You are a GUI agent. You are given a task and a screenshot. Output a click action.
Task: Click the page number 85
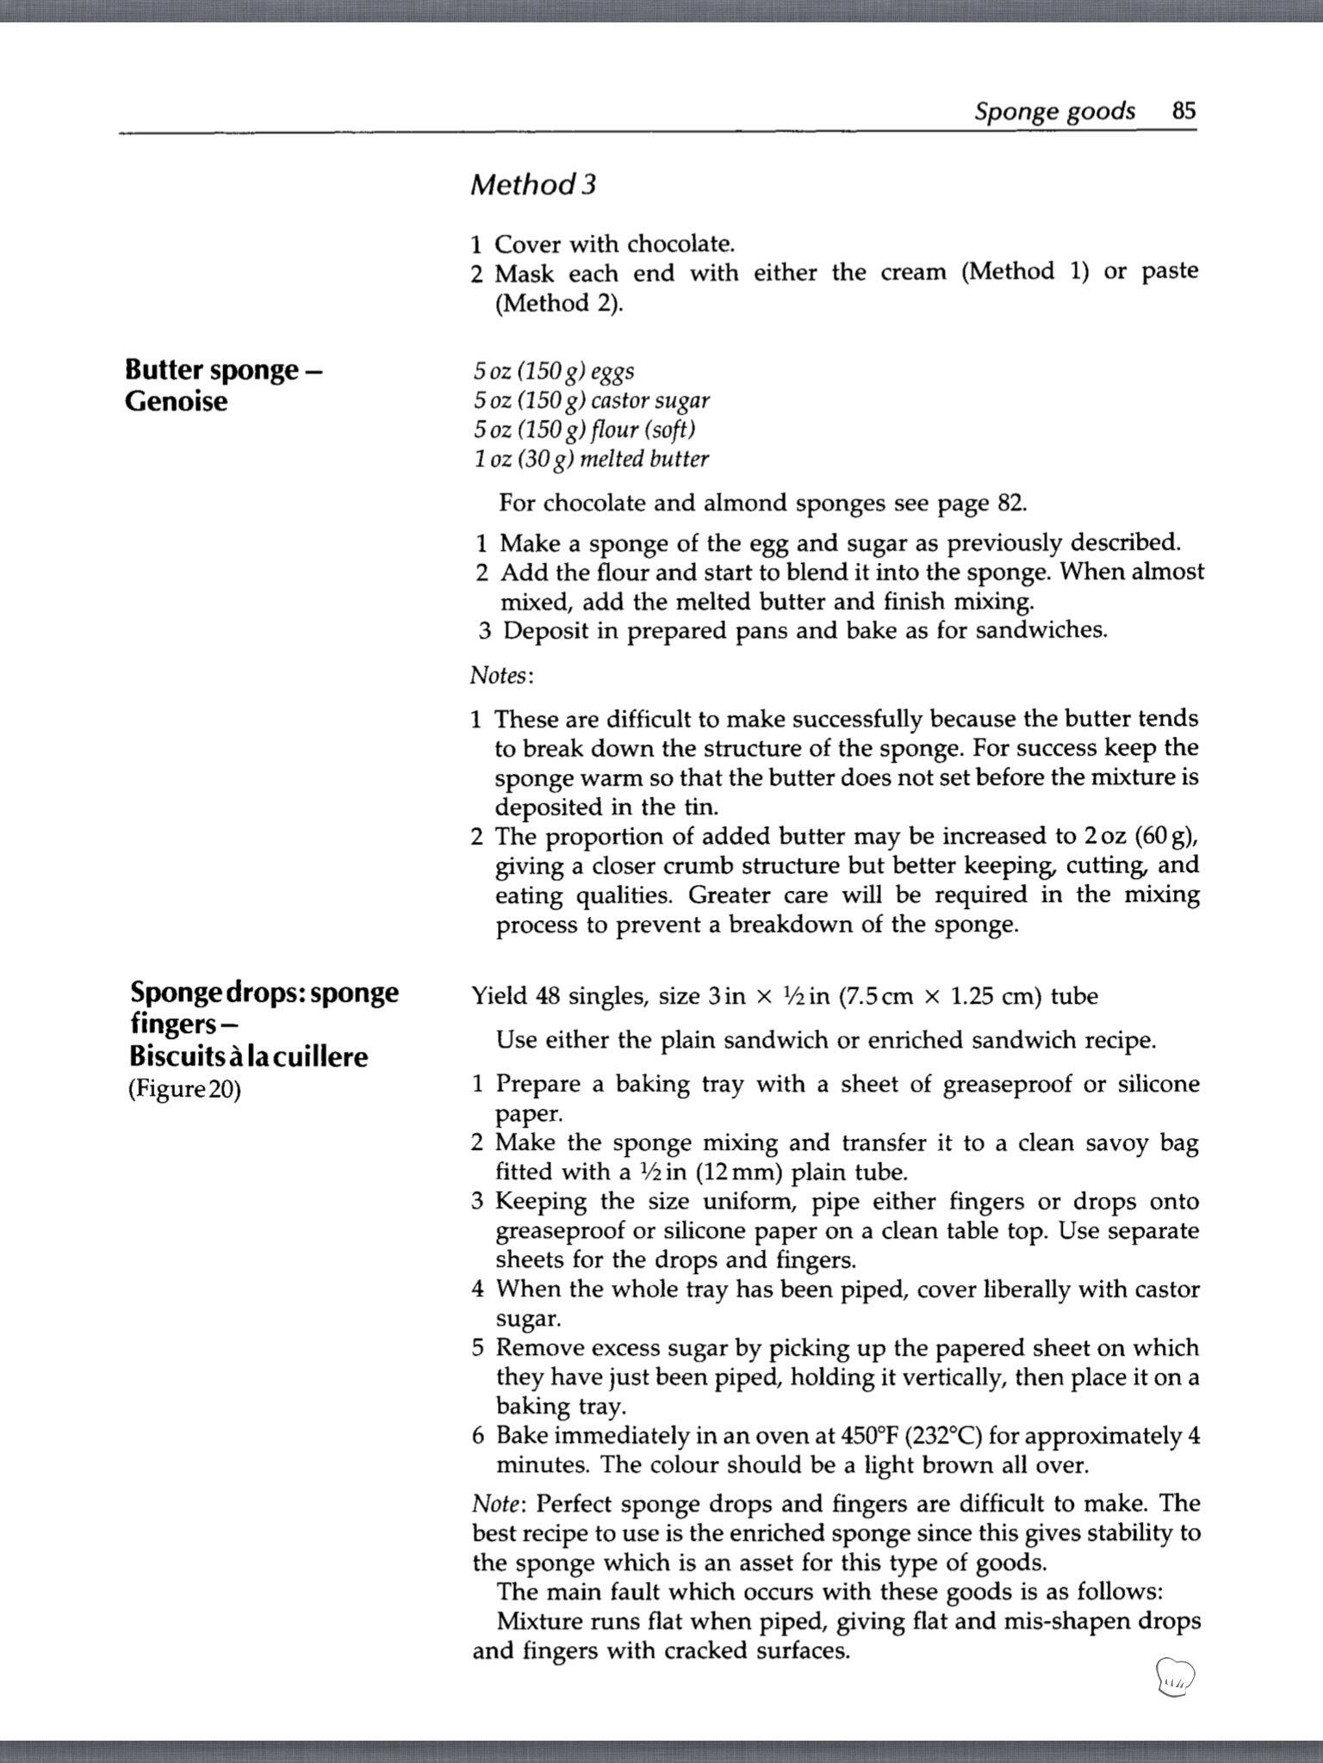[x=1183, y=111]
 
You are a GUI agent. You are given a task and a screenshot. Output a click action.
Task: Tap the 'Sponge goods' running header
[x=1054, y=112]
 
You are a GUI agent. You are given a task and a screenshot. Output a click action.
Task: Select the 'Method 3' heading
[x=532, y=184]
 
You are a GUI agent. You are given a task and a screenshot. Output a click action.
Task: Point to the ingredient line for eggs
[x=553, y=371]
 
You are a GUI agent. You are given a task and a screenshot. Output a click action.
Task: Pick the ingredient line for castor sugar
[x=591, y=400]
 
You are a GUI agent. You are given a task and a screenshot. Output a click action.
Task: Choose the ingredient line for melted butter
[x=590, y=459]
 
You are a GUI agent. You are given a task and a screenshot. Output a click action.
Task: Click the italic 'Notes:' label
[x=501, y=676]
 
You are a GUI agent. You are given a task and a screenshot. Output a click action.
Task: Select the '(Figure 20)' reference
[x=184, y=1089]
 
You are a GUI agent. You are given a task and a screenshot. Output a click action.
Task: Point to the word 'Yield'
[x=499, y=996]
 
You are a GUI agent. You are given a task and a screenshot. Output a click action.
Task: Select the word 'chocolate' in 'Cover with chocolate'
[x=680, y=244]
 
